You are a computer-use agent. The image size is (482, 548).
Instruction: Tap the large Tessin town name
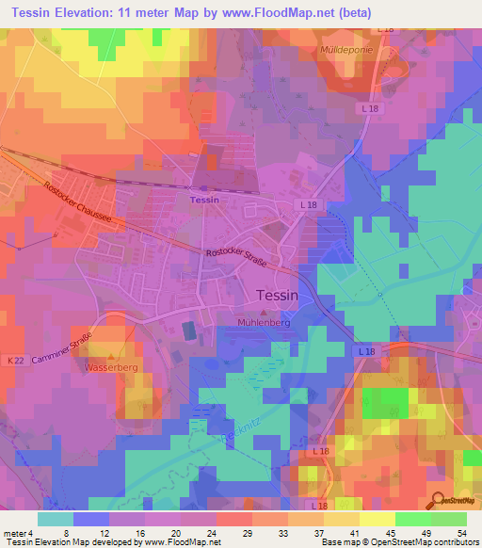tap(278, 295)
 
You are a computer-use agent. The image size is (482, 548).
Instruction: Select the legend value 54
tap(460, 532)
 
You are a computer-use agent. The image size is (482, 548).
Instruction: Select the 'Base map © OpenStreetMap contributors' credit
tap(398, 542)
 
